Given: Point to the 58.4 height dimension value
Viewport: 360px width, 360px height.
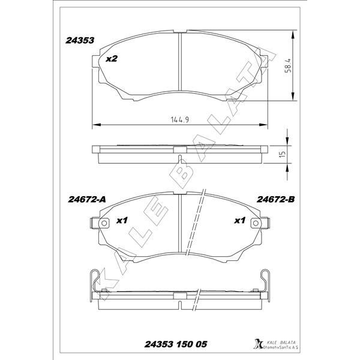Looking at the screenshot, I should [x=287, y=65].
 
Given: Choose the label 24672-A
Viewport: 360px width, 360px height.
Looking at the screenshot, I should [x=84, y=199].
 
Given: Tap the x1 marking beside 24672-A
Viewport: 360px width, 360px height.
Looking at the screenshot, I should [x=122, y=221].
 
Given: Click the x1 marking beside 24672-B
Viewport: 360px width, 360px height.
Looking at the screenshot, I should [x=239, y=221].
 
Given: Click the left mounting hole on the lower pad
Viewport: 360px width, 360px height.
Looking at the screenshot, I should [x=101, y=223].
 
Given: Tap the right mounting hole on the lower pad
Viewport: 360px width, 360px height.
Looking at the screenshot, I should [x=259, y=223].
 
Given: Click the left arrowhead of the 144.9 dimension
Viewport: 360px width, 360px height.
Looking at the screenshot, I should [x=94, y=125].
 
